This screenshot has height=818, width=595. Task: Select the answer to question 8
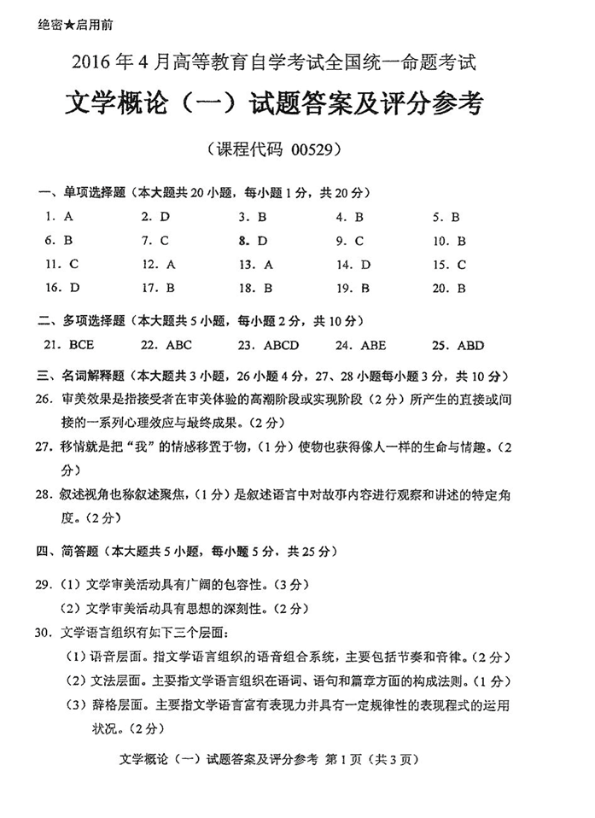262,241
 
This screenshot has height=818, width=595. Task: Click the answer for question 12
171,264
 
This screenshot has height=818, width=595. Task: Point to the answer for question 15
462,264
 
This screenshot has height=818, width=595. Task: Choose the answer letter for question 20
461,288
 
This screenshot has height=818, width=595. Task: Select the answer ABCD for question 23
276,346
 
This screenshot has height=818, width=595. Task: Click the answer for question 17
171,288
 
